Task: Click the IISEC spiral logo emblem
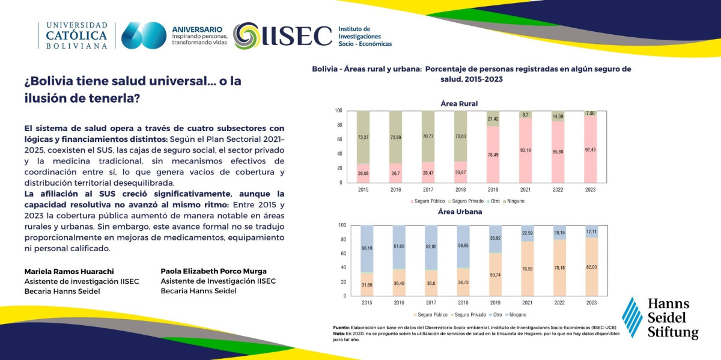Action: pyautogui.click(x=246, y=35)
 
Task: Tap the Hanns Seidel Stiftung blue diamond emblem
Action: pyautogui.click(x=632, y=317)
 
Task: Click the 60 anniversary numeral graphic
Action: pyautogui.click(x=144, y=35)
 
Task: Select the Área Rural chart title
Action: pyautogui.click(x=459, y=104)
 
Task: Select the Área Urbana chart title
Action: pyautogui.click(x=460, y=212)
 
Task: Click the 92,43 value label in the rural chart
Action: pyautogui.click(x=590, y=150)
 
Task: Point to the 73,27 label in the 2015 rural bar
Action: pyautogui.click(x=363, y=138)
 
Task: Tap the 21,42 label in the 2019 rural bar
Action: pyautogui.click(x=493, y=119)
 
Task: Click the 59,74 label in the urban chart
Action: pyautogui.click(x=495, y=275)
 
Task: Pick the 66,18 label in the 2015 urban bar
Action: pyautogui.click(x=367, y=248)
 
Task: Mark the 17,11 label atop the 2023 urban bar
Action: pyautogui.click(x=591, y=231)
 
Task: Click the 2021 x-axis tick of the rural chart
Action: pyautogui.click(x=525, y=190)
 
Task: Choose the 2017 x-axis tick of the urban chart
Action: pyautogui.click(x=431, y=303)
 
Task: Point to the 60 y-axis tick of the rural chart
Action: pyautogui.click(x=339, y=139)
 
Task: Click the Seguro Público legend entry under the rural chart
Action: pyautogui.click(x=428, y=201)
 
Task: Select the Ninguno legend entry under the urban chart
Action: pyautogui.click(x=516, y=314)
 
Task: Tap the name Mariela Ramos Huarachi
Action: pyautogui.click(x=69, y=272)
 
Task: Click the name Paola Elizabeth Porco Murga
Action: pyautogui.click(x=213, y=271)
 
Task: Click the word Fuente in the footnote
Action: pyautogui.click(x=341, y=328)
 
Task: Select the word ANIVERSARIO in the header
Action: pyautogui.click(x=197, y=29)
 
